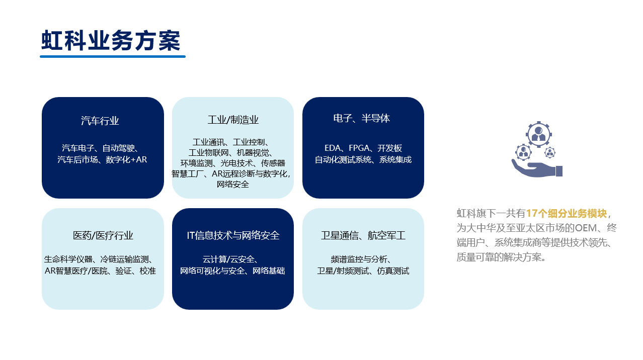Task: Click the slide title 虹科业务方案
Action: pos(111,40)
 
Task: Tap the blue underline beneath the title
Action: pos(113,56)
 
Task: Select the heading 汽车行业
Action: pos(100,121)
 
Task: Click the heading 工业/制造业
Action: pos(233,120)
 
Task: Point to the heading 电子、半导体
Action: pos(361,118)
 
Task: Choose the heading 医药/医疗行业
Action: pos(103,235)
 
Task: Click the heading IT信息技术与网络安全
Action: pos(233,235)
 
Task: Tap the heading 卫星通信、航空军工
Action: pos(363,235)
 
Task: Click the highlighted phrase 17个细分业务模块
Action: pos(567,213)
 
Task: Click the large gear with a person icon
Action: pos(539,134)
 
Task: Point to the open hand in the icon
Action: pos(537,168)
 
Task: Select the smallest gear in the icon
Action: pos(550,152)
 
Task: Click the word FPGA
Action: pos(359,148)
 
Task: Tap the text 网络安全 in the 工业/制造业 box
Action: pos(233,184)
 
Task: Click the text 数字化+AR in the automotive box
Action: pos(126,159)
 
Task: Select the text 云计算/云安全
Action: pos(228,259)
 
